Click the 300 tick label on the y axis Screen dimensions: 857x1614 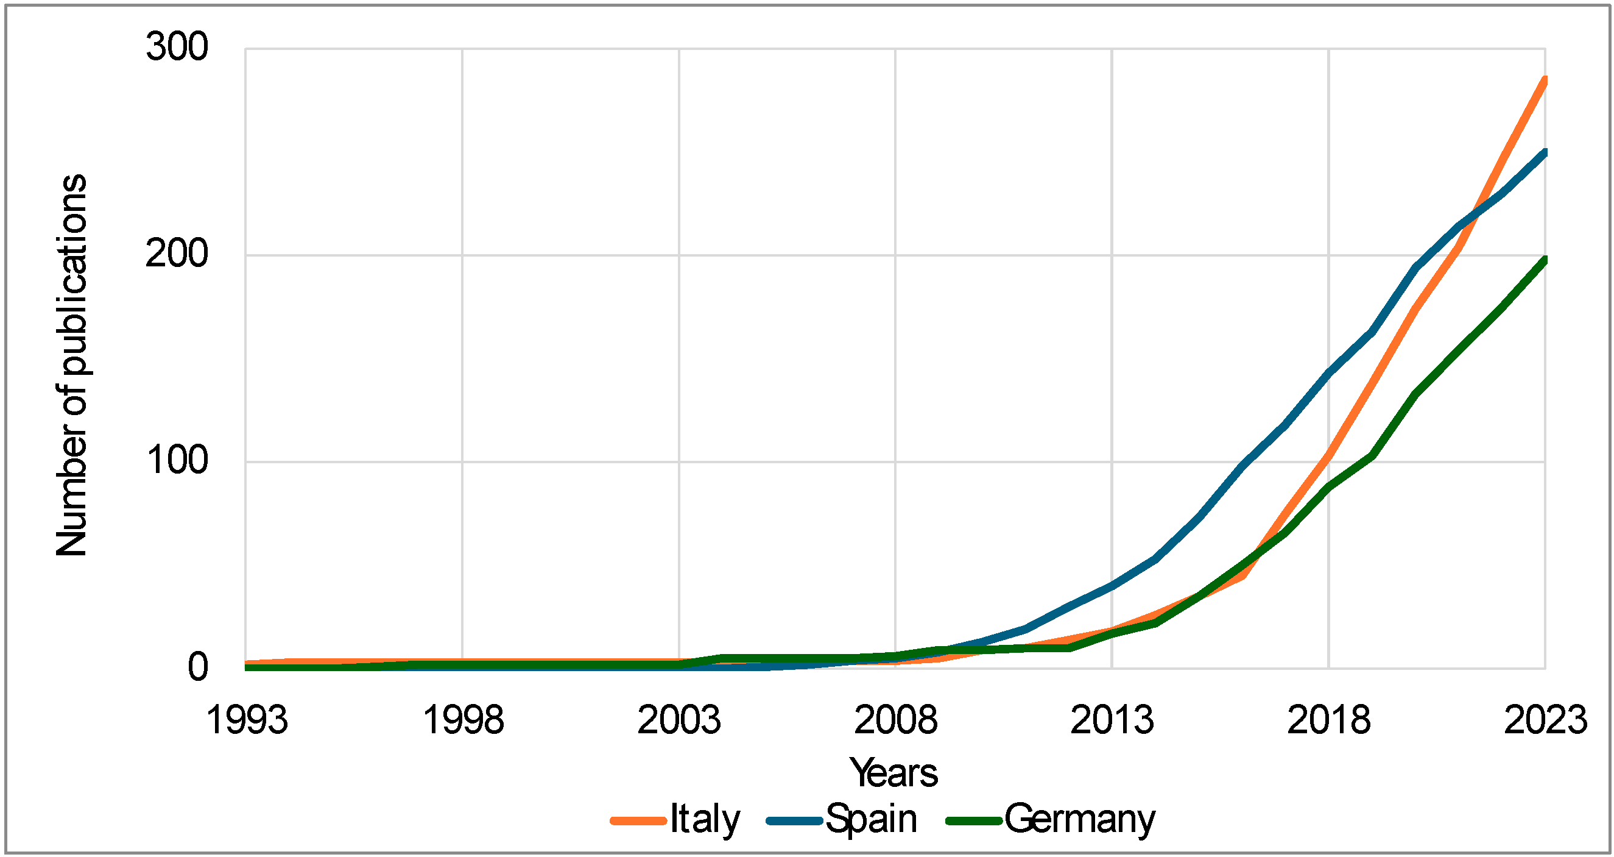click(x=176, y=47)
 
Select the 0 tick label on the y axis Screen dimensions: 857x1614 click(x=197, y=667)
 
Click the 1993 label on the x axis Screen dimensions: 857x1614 click(x=247, y=720)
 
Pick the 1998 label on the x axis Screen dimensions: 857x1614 click(x=463, y=720)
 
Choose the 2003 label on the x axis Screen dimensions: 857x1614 click(x=679, y=720)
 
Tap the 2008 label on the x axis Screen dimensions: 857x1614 click(x=895, y=720)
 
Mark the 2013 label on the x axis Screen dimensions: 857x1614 click(x=1112, y=720)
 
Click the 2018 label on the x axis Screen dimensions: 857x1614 click(x=1328, y=720)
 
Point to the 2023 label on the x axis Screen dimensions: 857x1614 click(x=1545, y=720)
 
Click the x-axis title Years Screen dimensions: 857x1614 click(x=893, y=773)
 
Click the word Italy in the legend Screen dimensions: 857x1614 click(x=705, y=819)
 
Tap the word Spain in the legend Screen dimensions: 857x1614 click(x=871, y=819)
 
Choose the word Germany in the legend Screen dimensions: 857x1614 click(x=1080, y=819)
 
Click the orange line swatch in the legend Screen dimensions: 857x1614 click(x=638, y=820)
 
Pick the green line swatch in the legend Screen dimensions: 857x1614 click(x=973, y=820)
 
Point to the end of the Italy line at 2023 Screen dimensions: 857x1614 click(x=1545, y=80)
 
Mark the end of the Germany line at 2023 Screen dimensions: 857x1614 click(x=1545, y=260)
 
